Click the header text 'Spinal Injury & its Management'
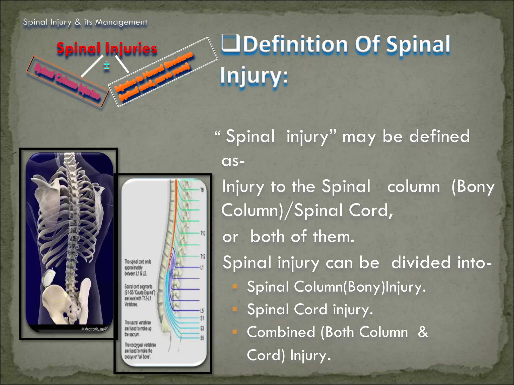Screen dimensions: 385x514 pyautogui.click(x=85, y=22)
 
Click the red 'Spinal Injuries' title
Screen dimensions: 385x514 pyautogui.click(x=107, y=48)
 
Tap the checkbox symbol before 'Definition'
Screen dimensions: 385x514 pyautogui.click(x=230, y=43)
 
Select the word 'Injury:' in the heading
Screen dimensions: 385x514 pyautogui.click(x=254, y=75)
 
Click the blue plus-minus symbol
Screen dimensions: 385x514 pyautogui.click(x=107, y=66)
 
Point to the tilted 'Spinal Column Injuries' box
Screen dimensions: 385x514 pyautogui.click(x=67, y=81)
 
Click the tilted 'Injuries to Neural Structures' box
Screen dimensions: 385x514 pyautogui.click(x=163, y=72)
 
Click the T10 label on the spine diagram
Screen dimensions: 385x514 pyautogui.click(x=203, y=233)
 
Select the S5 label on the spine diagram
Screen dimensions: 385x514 pyautogui.click(x=202, y=338)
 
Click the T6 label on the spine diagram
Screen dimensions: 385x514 pyautogui.click(x=202, y=190)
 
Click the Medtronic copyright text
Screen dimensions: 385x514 pyautogui.click(x=94, y=329)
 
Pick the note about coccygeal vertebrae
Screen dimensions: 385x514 pyautogui.click(x=140, y=351)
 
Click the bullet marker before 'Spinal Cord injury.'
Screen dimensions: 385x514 pyautogui.click(x=235, y=309)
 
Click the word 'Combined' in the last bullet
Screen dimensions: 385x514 pyautogui.click(x=281, y=332)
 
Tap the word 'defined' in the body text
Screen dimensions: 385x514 pyautogui.click(x=439, y=136)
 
